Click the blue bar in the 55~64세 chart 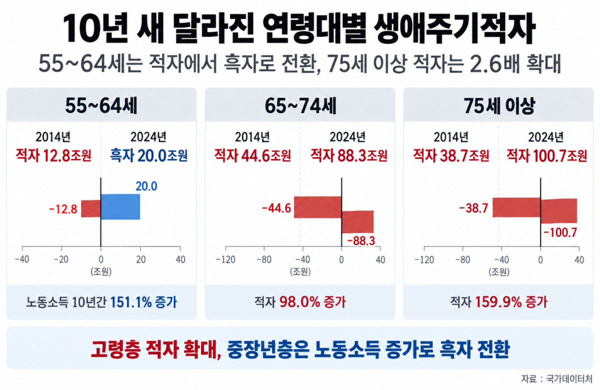120,206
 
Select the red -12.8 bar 91,208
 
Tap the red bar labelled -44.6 317,207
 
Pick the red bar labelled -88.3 357,222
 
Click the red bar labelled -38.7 516,207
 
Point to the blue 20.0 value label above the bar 146,186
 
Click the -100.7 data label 560,232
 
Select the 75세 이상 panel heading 499,106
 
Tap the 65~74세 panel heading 300,106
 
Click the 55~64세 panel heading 101,106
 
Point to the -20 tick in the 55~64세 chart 61,259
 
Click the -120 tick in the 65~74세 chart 225,259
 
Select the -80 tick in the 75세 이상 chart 462,259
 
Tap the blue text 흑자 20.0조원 148,155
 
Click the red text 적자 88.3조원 349,155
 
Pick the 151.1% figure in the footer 131,302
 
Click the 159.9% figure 498,302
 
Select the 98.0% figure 299,302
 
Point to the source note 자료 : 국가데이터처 556,379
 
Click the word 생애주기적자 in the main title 454,28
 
